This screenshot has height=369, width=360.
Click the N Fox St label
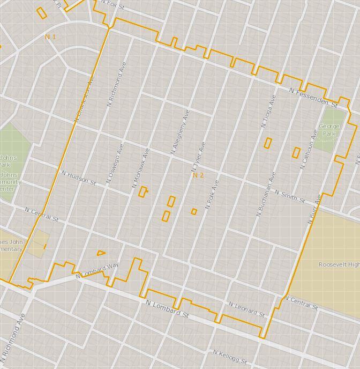click(112, 5)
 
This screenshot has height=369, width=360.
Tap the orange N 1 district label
click(50, 36)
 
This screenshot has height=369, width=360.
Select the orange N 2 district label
click(198, 175)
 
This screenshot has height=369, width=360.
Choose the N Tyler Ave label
click(199, 156)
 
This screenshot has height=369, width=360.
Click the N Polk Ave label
click(213, 194)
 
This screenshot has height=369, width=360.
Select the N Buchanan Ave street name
click(266, 194)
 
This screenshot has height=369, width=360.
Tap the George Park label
click(329, 130)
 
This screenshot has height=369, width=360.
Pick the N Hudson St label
click(79, 178)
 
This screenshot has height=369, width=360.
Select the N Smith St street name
click(290, 196)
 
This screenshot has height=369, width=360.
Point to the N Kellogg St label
click(230, 357)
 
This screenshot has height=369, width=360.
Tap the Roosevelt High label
click(339, 265)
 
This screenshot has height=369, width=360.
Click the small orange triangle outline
click(101, 253)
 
